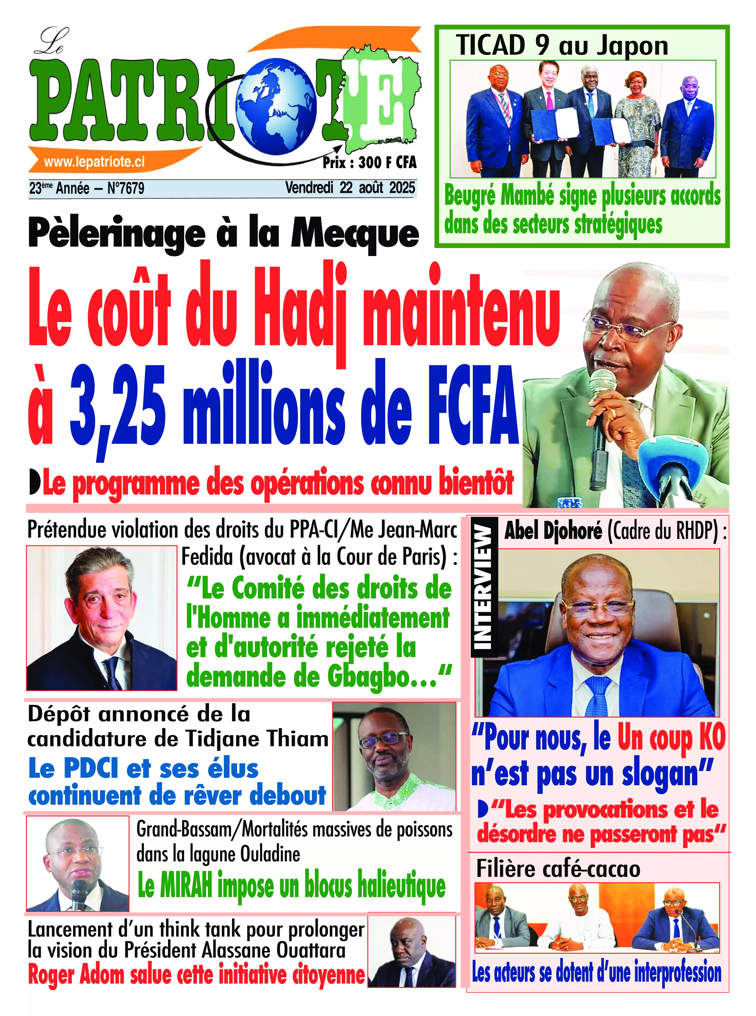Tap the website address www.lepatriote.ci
pos(94,162)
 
